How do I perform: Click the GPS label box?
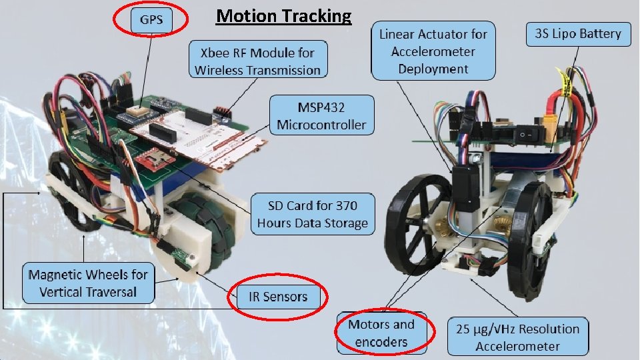(x=151, y=20)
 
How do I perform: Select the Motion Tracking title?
(x=283, y=16)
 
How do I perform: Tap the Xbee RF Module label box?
(x=257, y=60)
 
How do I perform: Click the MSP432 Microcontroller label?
(x=321, y=115)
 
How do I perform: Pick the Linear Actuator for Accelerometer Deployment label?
(x=433, y=51)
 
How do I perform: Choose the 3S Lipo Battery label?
(x=578, y=34)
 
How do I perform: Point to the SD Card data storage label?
(x=313, y=214)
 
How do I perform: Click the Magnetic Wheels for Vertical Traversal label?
(x=88, y=283)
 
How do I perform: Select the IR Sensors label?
(x=278, y=296)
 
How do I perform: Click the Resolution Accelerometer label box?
(x=518, y=337)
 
